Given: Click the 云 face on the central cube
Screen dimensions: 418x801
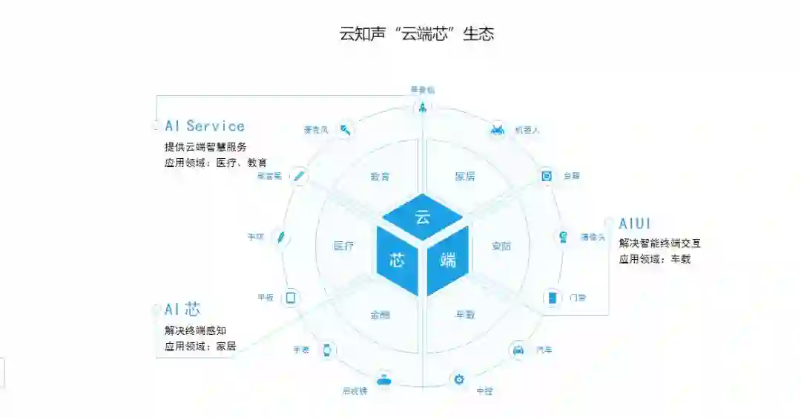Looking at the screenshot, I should tap(422, 218).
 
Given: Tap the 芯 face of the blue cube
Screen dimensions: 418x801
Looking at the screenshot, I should tap(397, 261).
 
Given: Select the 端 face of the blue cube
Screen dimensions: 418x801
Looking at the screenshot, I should tap(447, 260).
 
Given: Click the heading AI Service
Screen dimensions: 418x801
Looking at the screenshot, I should tap(205, 126).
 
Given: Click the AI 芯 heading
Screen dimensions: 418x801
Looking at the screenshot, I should tap(182, 310).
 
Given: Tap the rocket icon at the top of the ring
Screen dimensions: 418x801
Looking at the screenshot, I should tap(422, 108).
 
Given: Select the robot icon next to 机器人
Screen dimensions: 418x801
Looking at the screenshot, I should tap(498, 129).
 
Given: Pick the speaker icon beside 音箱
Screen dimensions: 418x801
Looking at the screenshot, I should tap(547, 176).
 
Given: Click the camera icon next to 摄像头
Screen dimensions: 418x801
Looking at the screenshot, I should tap(564, 237).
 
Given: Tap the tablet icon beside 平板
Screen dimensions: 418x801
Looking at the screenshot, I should tap(291, 298).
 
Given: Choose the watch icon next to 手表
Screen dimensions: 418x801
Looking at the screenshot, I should tap(326, 350).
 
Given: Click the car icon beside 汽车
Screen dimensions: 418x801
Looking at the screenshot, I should tap(518, 350).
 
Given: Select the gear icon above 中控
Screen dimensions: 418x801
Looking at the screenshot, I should tap(459, 379).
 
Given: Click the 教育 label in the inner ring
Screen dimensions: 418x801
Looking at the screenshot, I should tap(380, 177).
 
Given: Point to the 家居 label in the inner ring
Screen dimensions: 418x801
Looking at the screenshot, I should tap(465, 177).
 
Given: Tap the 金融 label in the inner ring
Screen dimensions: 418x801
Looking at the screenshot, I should tap(380, 315).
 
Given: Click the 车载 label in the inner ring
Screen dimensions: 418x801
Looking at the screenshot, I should tap(465, 315).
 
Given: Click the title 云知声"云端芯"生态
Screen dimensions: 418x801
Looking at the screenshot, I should tap(417, 34).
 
